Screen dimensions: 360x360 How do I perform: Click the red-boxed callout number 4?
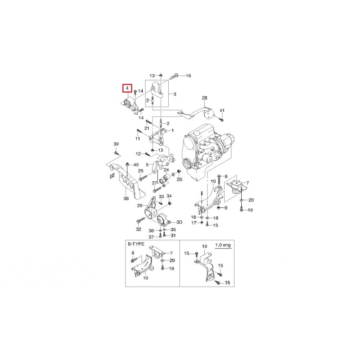[x=127, y=88]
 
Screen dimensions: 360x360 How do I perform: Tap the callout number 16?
[x=188, y=76]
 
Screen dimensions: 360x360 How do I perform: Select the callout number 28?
[x=204, y=98]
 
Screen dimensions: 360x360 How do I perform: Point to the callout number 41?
[x=222, y=110]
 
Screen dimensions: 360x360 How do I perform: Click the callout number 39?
[x=116, y=144]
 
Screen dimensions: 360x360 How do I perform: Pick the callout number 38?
[x=126, y=198]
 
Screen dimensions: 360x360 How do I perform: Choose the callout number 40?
[x=136, y=165]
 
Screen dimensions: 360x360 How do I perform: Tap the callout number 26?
[x=179, y=179]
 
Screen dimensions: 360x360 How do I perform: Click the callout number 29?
[x=139, y=206]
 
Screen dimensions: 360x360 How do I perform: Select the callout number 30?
[x=179, y=222]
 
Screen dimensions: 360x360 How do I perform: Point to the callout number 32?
[x=139, y=229]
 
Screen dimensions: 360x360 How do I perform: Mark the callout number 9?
[x=226, y=208]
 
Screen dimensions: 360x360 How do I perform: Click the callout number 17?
[x=194, y=223]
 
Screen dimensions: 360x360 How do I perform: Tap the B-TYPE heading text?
[x=136, y=244]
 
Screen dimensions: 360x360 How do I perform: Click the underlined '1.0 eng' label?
[x=223, y=245]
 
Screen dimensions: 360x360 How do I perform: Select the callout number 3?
[x=175, y=94]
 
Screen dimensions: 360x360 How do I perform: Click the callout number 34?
[x=169, y=196]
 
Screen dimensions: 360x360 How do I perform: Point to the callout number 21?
[x=147, y=128]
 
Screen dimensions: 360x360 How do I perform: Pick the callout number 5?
[x=147, y=165]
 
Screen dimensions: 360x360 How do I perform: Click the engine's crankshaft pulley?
[x=187, y=164]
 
